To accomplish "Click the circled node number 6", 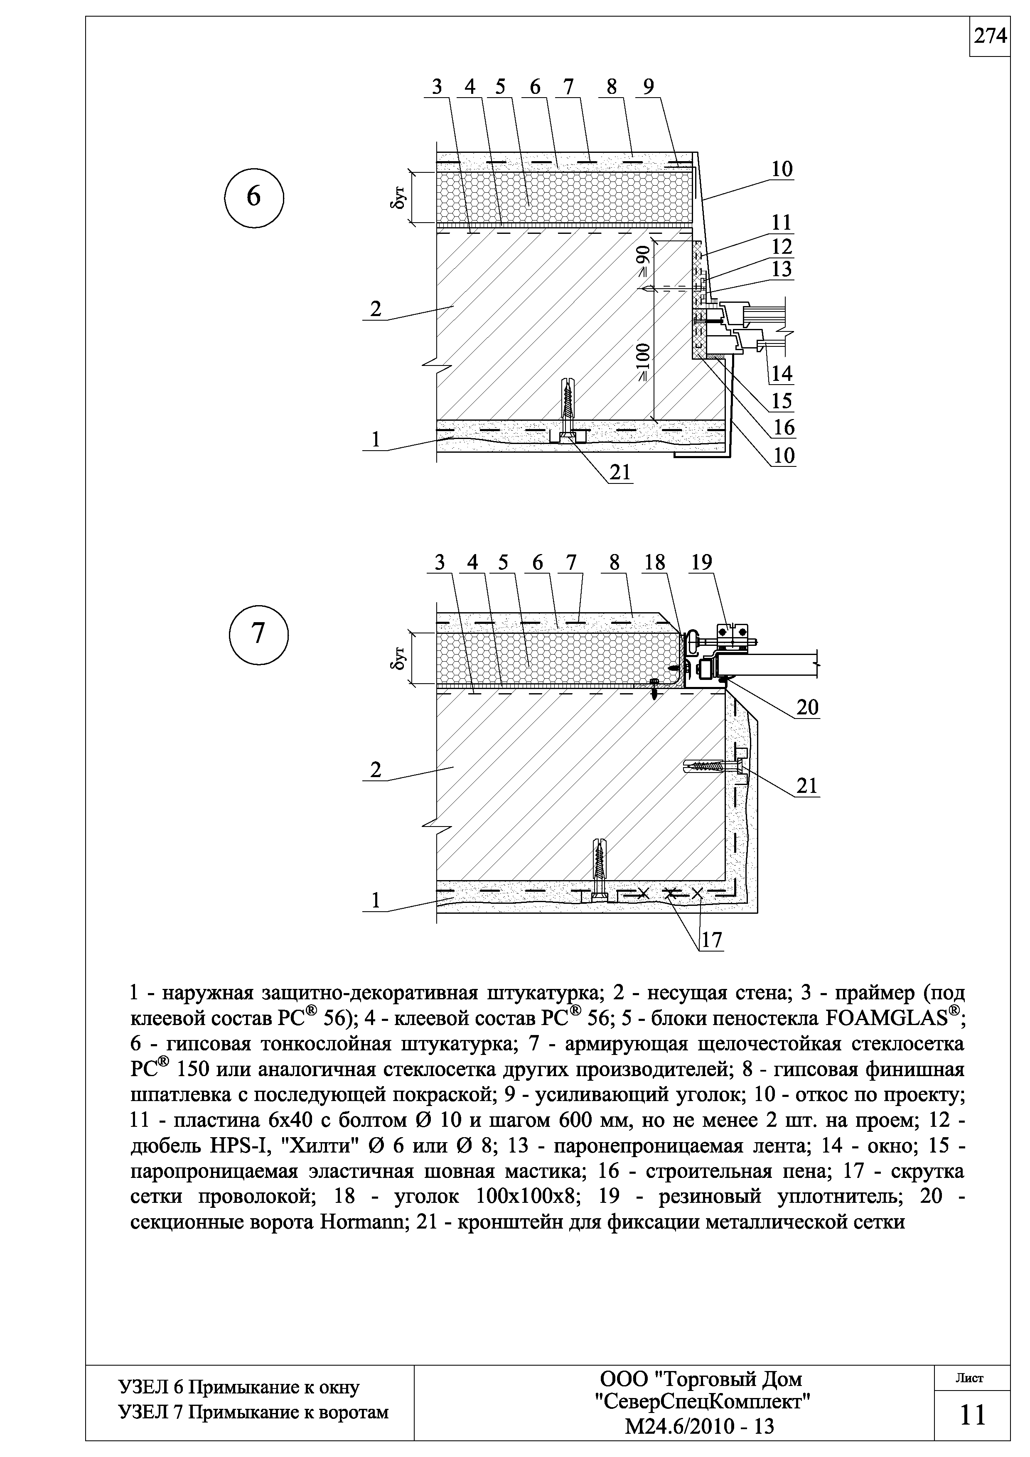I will [253, 197].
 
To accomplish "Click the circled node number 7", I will [258, 634].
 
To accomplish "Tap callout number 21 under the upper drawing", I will [619, 472].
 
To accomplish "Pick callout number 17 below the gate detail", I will [711, 940].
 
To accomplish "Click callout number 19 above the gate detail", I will [702, 562].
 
